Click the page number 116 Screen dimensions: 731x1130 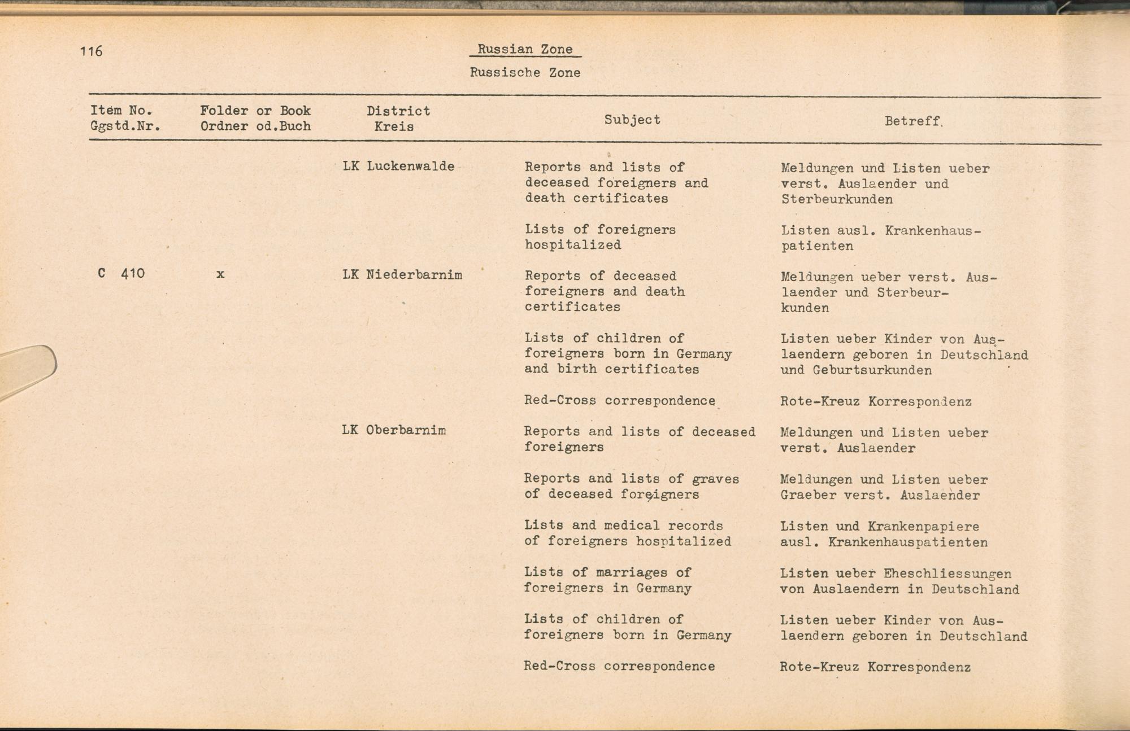tap(91, 51)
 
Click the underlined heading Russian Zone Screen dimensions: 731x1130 tap(525, 49)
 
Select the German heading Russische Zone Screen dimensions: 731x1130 tap(525, 72)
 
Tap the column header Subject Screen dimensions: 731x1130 tap(632, 120)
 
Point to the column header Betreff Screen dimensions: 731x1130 tap(913, 121)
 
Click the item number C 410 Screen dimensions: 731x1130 tap(121, 274)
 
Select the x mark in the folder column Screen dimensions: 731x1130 tap(220, 274)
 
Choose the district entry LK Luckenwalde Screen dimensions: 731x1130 tap(398, 166)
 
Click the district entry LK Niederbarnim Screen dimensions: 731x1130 tap(402, 275)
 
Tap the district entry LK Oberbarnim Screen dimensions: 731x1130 tap(393, 430)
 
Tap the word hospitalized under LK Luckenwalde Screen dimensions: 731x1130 tap(572, 245)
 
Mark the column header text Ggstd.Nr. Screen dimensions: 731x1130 tap(125, 126)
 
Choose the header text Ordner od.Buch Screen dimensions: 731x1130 tap(255, 126)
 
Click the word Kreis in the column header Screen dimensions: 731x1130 tap(394, 126)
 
